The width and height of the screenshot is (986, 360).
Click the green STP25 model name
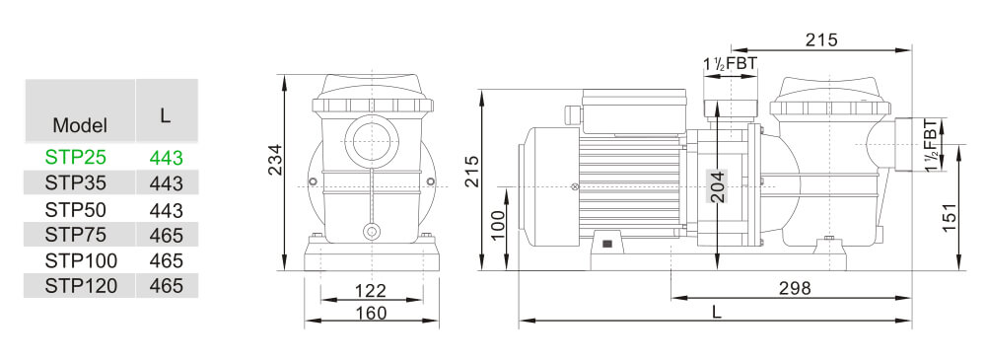tap(75, 156)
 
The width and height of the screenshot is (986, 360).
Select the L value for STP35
tap(167, 182)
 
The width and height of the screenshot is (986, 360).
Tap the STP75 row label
tap(75, 234)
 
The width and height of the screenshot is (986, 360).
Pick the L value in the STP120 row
tap(167, 286)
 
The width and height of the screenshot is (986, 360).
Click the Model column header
tap(80, 125)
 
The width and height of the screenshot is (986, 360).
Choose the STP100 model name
tap(81, 260)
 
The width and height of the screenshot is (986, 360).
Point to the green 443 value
tap(167, 156)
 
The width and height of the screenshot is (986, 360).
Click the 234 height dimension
tap(276, 160)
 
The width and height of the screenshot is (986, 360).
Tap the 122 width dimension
tap(370, 291)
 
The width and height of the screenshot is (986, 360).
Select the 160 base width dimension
tap(370, 313)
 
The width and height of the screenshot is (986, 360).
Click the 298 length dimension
tap(794, 288)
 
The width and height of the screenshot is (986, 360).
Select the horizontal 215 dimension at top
tap(820, 40)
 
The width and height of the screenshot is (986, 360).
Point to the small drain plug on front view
tap(371, 233)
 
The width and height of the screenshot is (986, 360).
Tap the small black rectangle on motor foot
tap(606, 243)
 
